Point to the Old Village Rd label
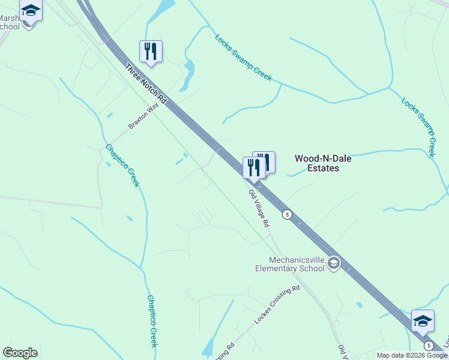pos(259,208)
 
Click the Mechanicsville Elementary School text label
pos(289,264)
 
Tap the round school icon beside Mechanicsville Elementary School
pos(334,263)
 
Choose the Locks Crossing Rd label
pos(276,305)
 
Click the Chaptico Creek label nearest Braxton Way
pos(122,165)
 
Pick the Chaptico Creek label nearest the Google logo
pos(152,320)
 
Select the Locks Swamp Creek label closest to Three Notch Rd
pos(243,58)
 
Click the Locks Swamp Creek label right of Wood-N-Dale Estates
pos(418,125)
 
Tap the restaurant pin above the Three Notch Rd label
pos(151,52)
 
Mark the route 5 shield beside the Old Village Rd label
pos(288,214)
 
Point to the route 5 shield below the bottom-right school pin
pos(428,346)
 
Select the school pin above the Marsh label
pos(31,11)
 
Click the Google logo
pos(20,353)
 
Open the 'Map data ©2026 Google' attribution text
pos(412,355)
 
